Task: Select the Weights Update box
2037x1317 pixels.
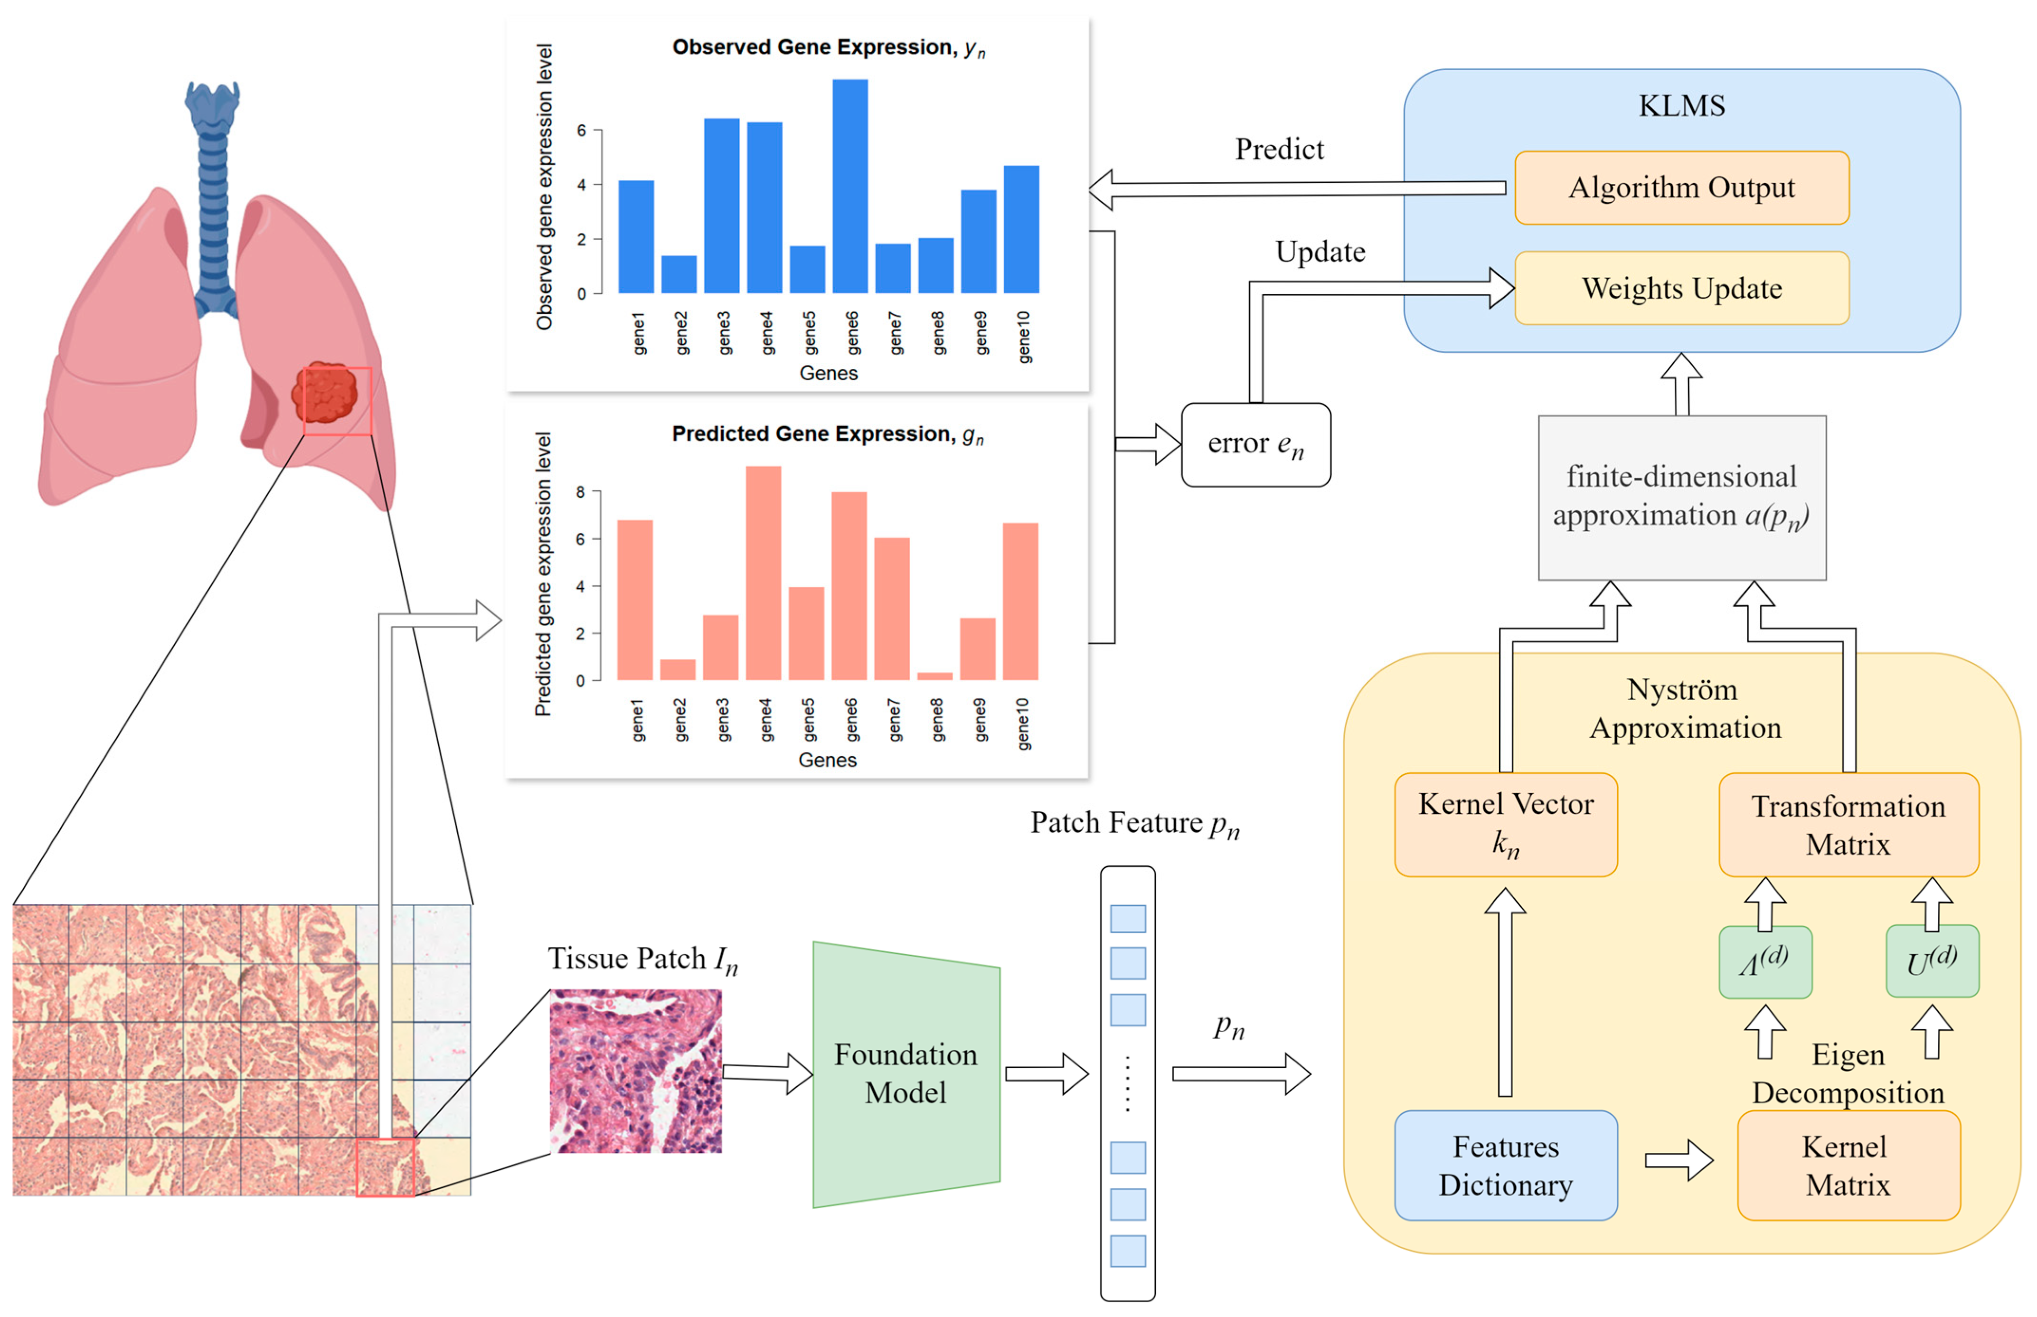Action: [1681, 288]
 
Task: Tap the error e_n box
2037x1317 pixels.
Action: [1255, 445]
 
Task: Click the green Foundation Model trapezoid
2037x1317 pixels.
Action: [905, 1074]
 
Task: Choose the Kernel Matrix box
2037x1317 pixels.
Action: [1848, 1165]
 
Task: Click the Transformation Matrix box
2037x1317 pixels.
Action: [1848, 824]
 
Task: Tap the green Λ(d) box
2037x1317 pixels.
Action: [1765, 962]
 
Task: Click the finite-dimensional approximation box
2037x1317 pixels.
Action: [1681, 498]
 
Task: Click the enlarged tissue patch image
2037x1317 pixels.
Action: [635, 1071]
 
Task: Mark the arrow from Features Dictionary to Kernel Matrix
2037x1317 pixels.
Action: [1679, 1160]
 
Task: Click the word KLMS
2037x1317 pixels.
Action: [1681, 106]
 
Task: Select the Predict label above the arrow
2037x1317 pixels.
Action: [1279, 150]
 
